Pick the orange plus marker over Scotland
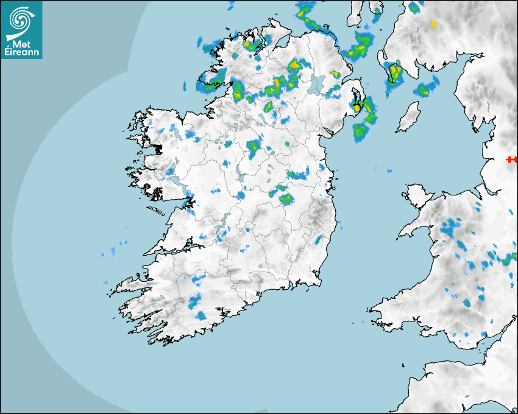pyautogui.click(x=434, y=24)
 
